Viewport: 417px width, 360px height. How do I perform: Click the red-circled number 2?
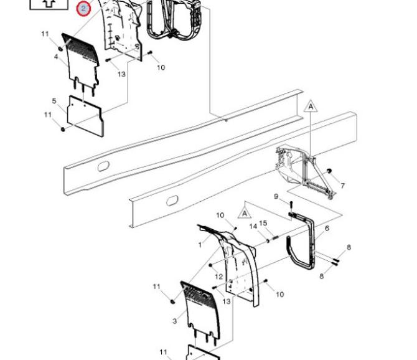[83, 9]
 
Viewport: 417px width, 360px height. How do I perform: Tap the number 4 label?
[56, 57]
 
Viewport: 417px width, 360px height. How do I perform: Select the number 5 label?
[54, 101]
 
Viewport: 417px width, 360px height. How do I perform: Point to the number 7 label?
[342, 186]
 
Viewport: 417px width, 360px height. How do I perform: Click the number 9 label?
[276, 197]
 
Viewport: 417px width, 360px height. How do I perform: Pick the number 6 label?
[327, 229]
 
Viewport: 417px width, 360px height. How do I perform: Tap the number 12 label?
[218, 277]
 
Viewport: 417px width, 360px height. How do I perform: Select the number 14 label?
[253, 227]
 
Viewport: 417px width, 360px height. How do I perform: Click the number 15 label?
[263, 223]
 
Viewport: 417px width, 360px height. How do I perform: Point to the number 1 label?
[200, 245]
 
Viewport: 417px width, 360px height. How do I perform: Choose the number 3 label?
[174, 321]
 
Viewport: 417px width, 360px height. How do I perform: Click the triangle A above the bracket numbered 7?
[311, 108]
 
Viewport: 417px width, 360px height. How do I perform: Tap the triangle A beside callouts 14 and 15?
[245, 213]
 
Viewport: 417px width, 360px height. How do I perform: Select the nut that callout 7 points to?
[329, 171]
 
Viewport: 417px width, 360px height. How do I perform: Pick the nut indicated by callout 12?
[210, 265]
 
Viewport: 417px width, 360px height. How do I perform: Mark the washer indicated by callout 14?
[268, 241]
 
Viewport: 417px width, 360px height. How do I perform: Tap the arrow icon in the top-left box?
[49, 3]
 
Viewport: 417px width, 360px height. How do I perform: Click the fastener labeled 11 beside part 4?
[60, 49]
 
